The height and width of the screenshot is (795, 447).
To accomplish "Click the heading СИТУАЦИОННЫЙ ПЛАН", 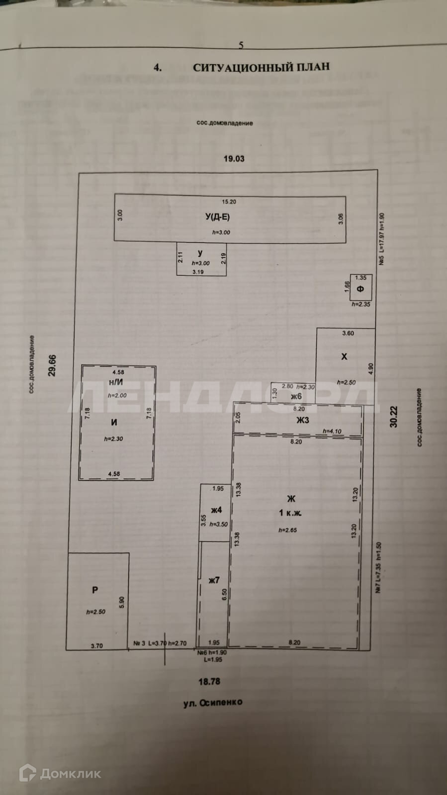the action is click(x=261, y=67).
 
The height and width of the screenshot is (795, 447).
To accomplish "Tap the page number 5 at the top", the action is click(x=241, y=45).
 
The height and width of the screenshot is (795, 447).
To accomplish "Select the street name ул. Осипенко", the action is click(x=212, y=703).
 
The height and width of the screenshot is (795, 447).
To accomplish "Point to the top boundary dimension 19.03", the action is click(x=234, y=159).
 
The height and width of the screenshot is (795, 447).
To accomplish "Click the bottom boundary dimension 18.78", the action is click(x=209, y=681).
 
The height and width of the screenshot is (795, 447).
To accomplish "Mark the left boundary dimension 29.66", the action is click(x=52, y=365).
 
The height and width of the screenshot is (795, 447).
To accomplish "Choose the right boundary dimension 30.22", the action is click(x=394, y=417).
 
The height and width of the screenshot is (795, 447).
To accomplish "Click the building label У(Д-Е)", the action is click(x=217, y=217).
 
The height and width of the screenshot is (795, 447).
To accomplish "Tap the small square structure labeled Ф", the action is click(x=360, y=289).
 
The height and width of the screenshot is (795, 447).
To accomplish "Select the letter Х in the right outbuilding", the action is click(x=344, y=356).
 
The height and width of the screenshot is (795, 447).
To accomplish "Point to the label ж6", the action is click(x=296, y=396).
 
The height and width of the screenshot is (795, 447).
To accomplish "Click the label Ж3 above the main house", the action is click(x=302, y=420).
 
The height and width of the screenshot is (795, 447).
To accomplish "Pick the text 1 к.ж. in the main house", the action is click(x=290, y=513).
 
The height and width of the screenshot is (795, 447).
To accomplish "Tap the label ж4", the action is click(x=216, y=510).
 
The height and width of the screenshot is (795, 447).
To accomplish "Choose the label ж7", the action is click(x=214, y=580).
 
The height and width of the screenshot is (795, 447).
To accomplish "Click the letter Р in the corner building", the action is click(x=95, y=590).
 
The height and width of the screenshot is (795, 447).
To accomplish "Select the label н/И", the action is click(x=116, y=382).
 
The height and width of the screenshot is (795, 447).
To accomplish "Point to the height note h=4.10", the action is click(x=332, y=431).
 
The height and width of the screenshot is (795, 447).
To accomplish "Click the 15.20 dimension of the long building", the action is click(x=229, y=201).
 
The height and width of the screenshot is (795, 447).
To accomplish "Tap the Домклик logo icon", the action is click(x=27, y=773).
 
